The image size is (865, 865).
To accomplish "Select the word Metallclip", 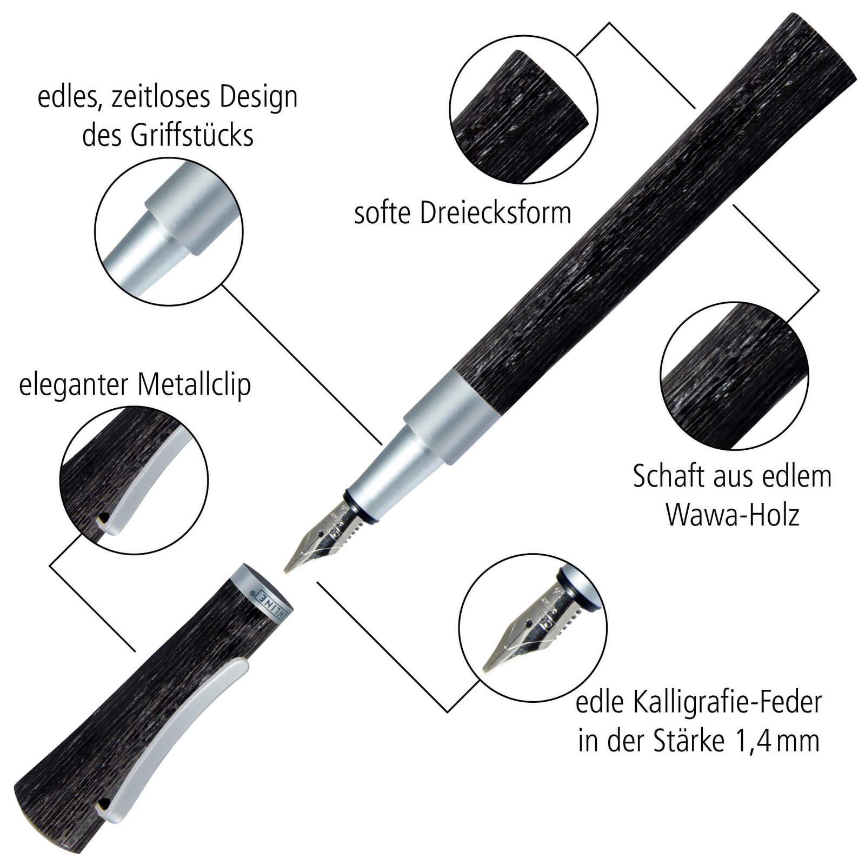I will (194, 385).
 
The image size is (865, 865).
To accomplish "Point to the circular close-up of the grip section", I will (169, 231).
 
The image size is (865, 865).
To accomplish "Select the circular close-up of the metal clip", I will (134, 480).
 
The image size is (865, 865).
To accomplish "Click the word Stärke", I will (689, 741).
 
